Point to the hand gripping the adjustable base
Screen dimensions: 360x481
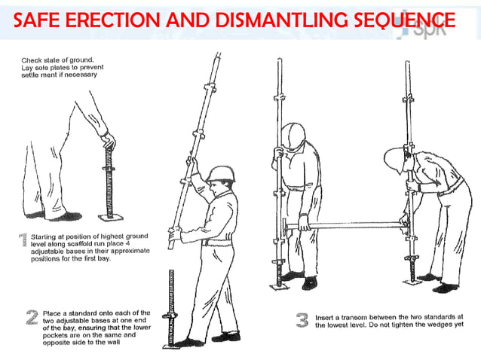(108, 140)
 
